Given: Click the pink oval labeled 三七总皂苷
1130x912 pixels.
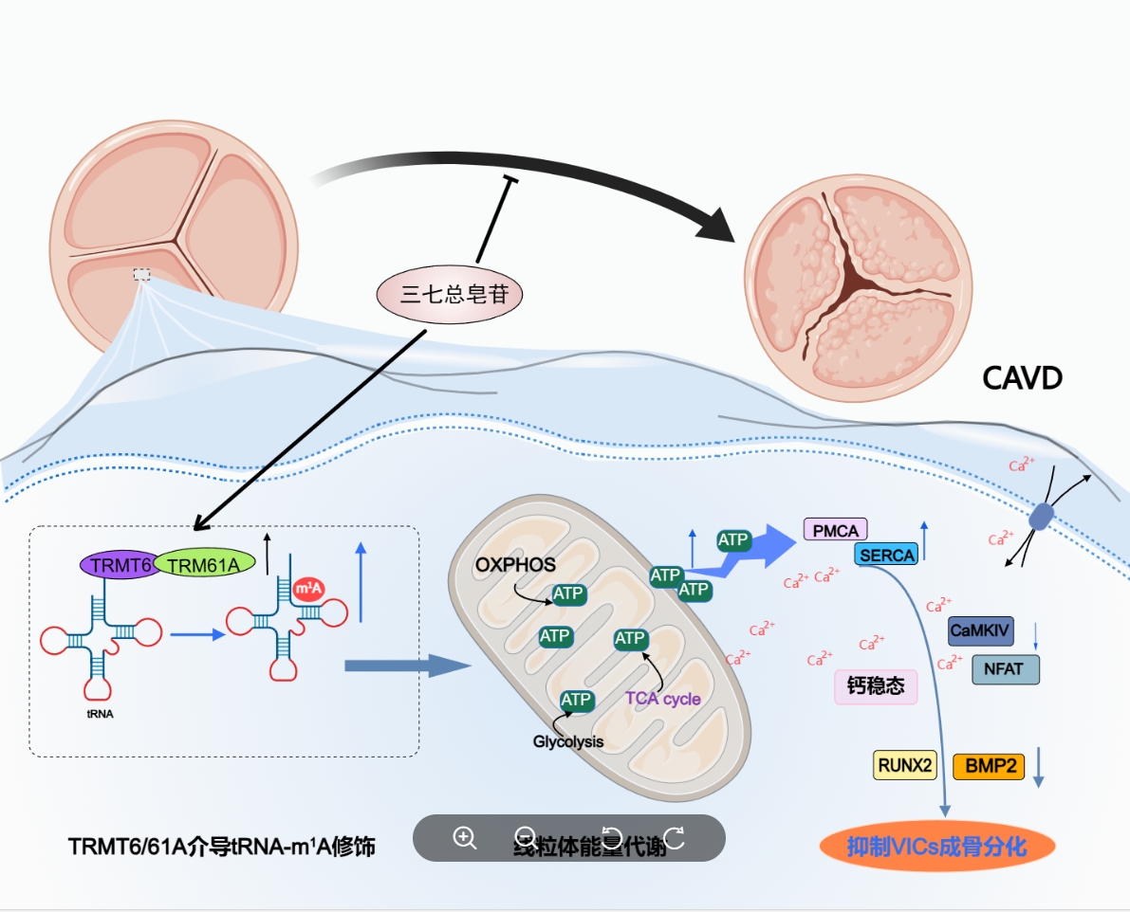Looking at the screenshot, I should click(450, 295).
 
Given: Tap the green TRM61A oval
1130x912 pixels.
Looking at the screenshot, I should click(204, 565).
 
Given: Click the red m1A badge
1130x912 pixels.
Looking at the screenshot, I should click(308, 590).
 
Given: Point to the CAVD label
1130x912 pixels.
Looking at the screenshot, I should click(1022, 379).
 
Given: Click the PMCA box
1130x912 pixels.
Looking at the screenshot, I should click(835, 530).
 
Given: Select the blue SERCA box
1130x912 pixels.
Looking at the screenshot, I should click(887, 556).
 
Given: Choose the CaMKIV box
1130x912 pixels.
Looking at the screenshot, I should click(981, 630).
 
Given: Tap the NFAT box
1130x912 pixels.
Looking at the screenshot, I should click(1005, 669).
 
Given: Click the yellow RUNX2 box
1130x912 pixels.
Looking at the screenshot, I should click(905, 765).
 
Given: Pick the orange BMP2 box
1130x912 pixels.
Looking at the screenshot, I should click(989, 765).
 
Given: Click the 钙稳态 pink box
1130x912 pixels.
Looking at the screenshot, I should click(876, 685).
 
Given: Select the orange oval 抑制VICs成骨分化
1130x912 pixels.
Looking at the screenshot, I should click(937, 847).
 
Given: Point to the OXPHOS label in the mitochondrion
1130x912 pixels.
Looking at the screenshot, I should click(515, 565).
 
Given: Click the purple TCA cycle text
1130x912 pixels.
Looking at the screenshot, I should click(662, 699).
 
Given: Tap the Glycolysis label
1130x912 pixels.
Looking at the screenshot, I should click(567, 741).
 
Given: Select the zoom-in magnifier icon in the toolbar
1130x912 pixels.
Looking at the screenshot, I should click(464, 838).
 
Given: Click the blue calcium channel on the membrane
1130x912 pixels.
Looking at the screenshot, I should click(1042, 517).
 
